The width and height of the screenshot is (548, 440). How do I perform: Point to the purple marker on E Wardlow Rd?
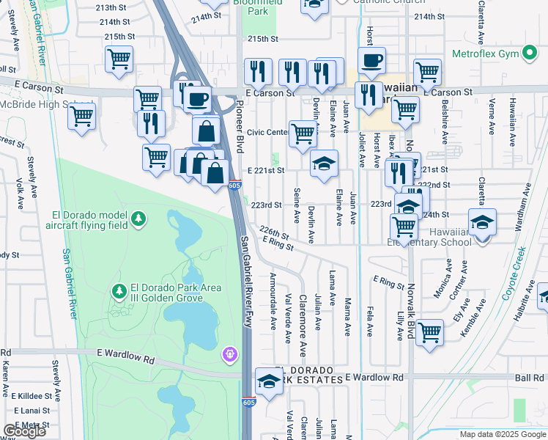[230, 354]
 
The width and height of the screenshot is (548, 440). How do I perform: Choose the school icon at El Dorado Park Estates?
[269, 381]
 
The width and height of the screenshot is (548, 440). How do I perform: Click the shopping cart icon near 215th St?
[119, 59]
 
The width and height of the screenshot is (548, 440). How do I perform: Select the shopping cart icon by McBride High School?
[82, 115]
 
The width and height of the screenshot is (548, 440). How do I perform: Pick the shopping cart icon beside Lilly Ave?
[430, 332]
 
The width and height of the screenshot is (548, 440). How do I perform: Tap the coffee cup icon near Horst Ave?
[371, 60]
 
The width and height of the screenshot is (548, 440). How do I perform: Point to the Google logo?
[24, 431]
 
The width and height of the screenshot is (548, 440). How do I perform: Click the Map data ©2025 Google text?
[502, 434]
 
